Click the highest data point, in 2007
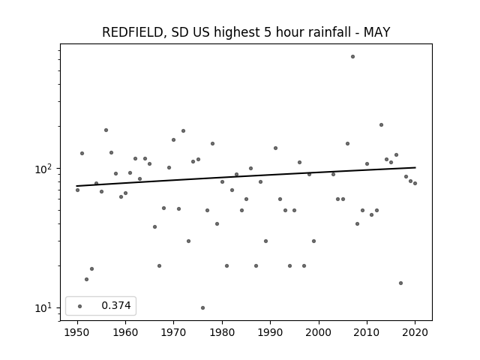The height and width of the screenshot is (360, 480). pos(352,57)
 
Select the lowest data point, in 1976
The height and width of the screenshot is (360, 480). pos(202,308)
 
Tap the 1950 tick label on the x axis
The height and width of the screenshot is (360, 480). pos(77,332)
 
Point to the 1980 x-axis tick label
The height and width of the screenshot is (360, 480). pos(222,332)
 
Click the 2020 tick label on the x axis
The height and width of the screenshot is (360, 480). pos(415,332)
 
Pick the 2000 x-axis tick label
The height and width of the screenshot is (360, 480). pos(319,332)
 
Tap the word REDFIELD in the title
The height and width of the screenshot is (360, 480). pos(132,32)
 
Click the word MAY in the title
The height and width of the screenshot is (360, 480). pos(376,32)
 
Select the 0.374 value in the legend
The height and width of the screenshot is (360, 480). pos(116,305)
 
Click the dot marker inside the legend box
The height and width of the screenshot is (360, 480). pos(80,306)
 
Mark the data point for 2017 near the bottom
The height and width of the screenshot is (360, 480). pos(400,283)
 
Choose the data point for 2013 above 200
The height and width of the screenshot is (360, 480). pos(381,125)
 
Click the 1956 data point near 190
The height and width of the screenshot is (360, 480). pos(106,130)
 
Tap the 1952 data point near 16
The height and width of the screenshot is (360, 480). pos(87,280)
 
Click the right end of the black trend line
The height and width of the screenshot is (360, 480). pos(415,167)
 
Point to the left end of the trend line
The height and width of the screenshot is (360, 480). pos(76,186)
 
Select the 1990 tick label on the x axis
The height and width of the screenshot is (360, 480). pos(270,332)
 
